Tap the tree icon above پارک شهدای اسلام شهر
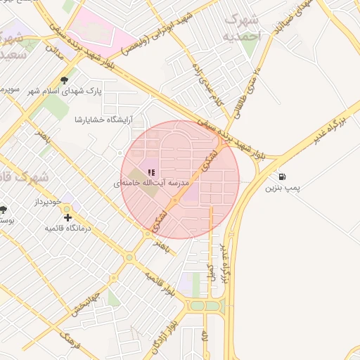pyautogui.click(x=65, y=80)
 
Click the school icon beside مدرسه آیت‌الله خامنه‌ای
pyautogui.click(x=151, y=172)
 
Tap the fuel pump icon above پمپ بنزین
pyautogui.click(x=282, y=177)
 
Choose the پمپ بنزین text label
pyautogui.click(x=282, y=188)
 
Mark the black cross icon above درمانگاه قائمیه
pyautogui.click(x=67, y=218)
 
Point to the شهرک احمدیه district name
pyautogui.click(x=240, y=27)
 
